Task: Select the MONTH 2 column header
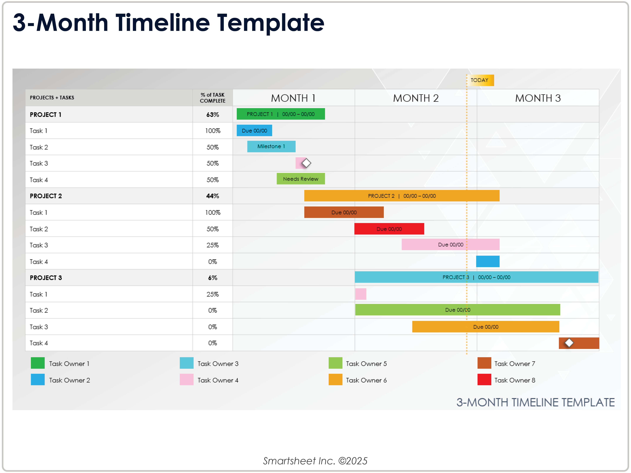tap(416, 98)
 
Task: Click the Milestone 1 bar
tap(271, 146)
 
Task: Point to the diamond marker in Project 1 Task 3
tap(306, 163)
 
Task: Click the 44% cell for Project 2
tap(213, 196)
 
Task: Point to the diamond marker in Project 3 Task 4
tap(569, 343)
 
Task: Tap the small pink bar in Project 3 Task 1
tap(361, 294)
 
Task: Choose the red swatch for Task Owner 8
tap(484, 380)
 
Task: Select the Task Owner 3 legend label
tap(218, 364)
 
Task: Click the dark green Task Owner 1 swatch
tap(38, 363)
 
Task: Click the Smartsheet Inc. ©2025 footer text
tap(315, 461)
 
